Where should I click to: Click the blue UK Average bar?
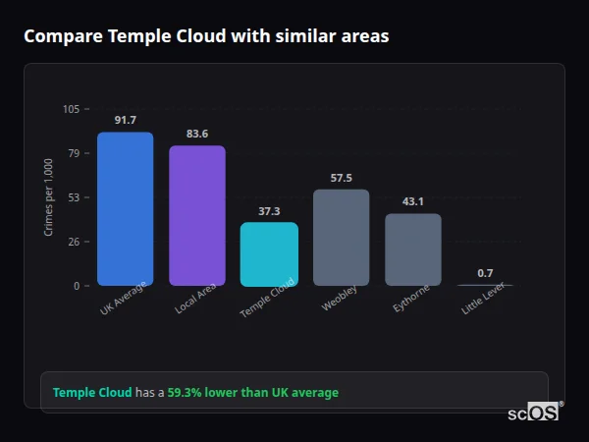[125, 208]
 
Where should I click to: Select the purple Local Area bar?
[196, 215]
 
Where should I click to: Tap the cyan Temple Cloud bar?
[269, 253]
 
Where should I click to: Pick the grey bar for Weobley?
[341, 237]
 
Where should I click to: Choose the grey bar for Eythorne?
[412, 249]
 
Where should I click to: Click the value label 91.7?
[125, 120]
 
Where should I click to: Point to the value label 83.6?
[196, 134]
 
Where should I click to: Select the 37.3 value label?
[269, 210]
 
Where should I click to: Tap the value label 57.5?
[341, 178]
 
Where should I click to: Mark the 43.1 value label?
[412, 201]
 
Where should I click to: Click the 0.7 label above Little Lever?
[485, 272]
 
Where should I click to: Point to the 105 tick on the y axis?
[71, 109]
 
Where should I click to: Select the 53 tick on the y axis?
[74, 197]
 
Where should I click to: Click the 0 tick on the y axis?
[76, 286]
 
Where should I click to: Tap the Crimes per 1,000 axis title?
[48, 196]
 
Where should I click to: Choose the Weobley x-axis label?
[340, 298]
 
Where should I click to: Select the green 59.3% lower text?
[252, 392]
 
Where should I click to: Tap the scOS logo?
[533, 413]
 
